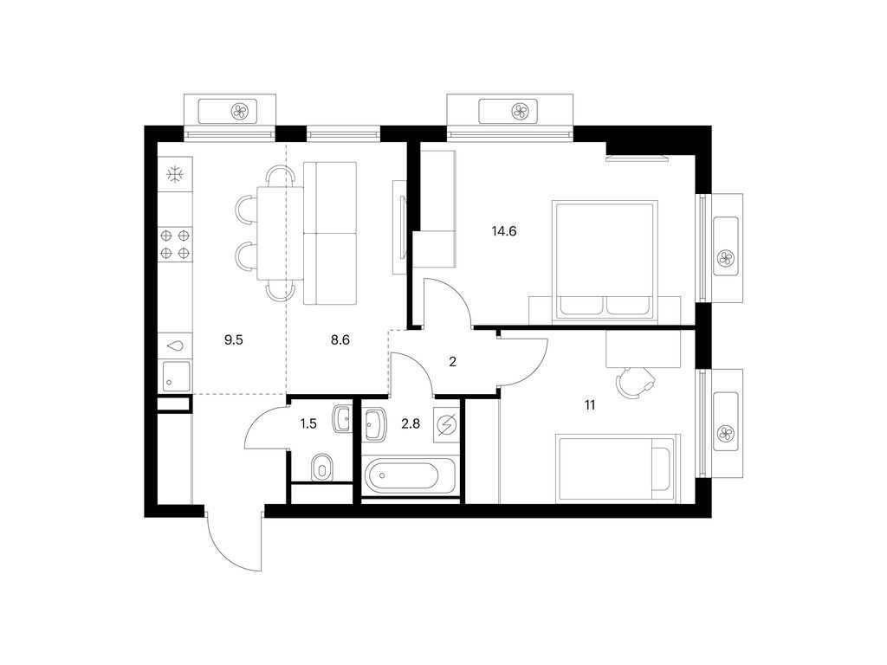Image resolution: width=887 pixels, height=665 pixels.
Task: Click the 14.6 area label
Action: click(504, 231)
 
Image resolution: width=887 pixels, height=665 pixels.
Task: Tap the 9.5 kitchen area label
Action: click(234, 339)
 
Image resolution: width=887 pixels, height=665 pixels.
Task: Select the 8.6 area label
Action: click(340, 339)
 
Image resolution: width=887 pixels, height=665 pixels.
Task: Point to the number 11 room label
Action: click(590, 405)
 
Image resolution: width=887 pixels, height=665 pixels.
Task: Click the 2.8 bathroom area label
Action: click(411, 423)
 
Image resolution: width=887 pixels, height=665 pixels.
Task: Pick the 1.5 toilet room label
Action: click(308, 423)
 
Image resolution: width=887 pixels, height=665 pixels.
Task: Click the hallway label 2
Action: click(452, 362)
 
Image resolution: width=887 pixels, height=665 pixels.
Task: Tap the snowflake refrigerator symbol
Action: click(175, 174)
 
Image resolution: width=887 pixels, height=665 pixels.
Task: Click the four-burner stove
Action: click(175, 244)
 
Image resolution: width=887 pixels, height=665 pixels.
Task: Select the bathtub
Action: click(410, 475)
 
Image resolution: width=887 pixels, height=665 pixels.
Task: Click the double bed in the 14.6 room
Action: click(605, 261)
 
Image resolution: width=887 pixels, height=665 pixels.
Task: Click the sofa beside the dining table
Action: click(330, 233)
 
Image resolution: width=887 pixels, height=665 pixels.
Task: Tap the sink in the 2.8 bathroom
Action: click(374, 424)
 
